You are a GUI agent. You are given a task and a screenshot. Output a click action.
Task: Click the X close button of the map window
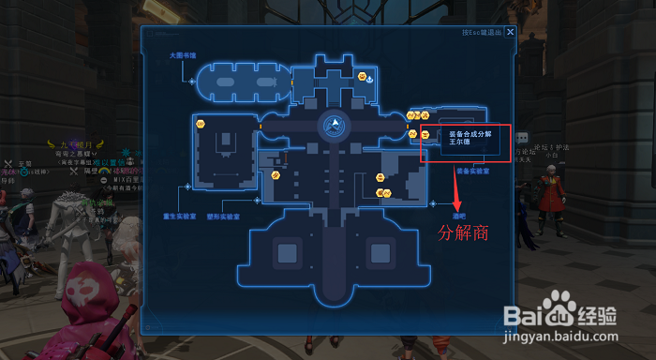[510, 31]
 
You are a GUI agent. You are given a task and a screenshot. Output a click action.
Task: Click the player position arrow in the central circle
[332, 124]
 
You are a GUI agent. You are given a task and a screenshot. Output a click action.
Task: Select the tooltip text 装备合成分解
[471, 134]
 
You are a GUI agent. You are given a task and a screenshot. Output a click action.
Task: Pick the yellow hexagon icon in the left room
[200, 124]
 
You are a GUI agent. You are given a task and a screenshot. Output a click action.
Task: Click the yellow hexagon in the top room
[363, 76]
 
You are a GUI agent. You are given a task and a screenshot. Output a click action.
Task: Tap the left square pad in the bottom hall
[285, 251]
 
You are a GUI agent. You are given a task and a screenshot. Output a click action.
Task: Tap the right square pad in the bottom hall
[379, 251]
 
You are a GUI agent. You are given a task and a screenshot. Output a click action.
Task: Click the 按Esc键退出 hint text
[482, 31]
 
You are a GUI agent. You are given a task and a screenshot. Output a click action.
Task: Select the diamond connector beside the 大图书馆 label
[191, 82]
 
